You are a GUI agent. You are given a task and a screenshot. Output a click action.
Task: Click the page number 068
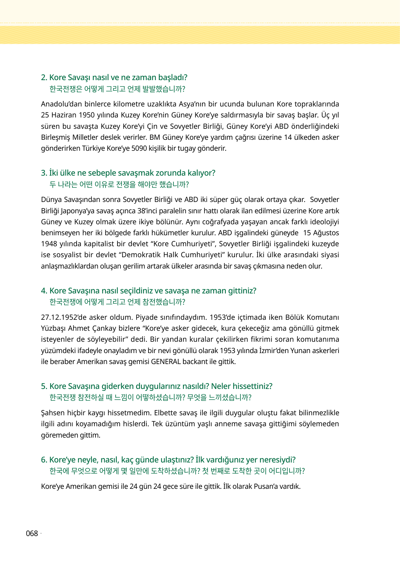[32, 533]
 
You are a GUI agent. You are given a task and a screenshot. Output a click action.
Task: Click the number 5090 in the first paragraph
[139, 149]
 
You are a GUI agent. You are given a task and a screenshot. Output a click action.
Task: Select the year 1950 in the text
[87, 115]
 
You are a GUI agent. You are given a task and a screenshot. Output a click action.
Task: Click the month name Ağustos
[326, 233]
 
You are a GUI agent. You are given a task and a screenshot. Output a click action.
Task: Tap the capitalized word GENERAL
[166, 362]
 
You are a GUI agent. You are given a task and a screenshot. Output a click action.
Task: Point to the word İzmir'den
[273, 351]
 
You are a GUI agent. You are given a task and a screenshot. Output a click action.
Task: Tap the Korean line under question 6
[177, 471]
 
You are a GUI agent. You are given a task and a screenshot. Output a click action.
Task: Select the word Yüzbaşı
[53, 329]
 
